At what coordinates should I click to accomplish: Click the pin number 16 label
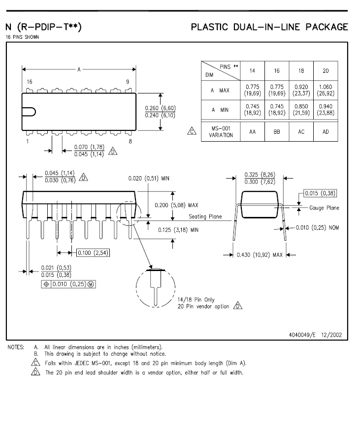30,82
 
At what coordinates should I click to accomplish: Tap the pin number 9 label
128,82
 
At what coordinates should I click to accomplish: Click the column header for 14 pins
252,71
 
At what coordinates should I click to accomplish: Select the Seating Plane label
205,216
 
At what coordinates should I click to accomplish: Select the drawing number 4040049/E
306,335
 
